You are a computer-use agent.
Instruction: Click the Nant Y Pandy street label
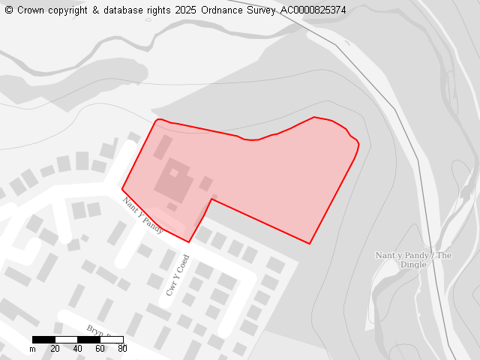[143, 215]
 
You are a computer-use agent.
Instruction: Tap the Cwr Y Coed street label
[177, 275]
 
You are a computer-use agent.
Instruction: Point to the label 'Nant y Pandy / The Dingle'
[413, 259]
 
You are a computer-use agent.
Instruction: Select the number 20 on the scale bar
[55, 349]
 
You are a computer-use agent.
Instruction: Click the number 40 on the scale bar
[77, 349]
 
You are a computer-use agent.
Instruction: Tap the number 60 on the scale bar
[100, 349]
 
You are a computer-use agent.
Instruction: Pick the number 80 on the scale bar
[122, 349]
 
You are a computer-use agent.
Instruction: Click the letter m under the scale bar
[32, 349]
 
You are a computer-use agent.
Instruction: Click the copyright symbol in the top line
[9, 10]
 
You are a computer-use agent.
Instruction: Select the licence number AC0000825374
[313, 10]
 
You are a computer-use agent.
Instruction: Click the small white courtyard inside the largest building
[174, 173]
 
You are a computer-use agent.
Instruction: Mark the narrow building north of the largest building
[163, 147]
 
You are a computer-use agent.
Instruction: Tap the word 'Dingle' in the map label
[413, 264]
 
